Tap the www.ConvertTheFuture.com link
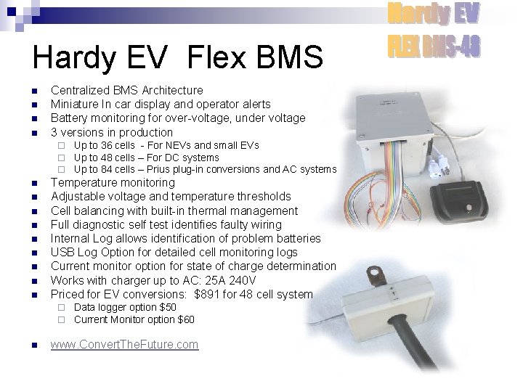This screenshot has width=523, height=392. coord(124,344)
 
